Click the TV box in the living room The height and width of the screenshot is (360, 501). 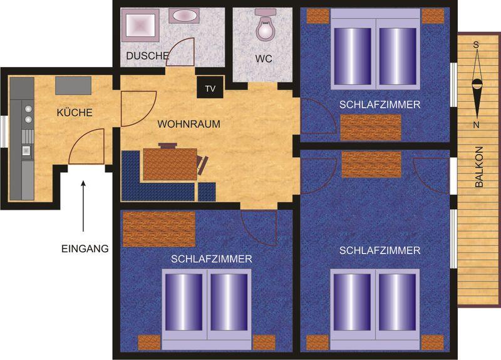coord(210,87)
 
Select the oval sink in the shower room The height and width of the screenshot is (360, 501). coord(183,16)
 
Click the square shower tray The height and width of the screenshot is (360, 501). coord(140,25)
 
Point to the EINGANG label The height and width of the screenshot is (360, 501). coord(85,249)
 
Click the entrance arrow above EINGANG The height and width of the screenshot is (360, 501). coord(83,206)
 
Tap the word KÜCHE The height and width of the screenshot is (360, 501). coord(75,113)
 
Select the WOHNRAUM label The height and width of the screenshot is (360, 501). coord(189,124)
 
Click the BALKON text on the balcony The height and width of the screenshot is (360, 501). coord(479,167)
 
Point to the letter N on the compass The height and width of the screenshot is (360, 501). coord(477,125)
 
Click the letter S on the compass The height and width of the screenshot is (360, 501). coord(476,45)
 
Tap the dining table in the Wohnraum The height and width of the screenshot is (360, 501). coord(170,164)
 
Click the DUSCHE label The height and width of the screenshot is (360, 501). coord(147,56)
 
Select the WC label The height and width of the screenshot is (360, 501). coord(264,59)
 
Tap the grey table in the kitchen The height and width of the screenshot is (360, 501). coord(73,85)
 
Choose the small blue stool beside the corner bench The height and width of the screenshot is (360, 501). coord(207,192)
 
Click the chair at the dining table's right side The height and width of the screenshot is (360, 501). coord(203,164)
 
